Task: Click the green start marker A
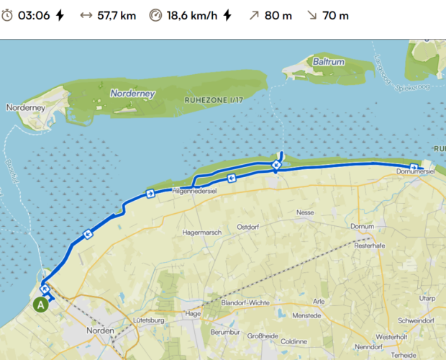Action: pos(41,305)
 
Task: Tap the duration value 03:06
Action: pos(34,15)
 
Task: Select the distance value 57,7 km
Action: pos(117,15)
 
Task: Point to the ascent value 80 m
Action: pos(277,15)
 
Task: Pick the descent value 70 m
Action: pos(334,15)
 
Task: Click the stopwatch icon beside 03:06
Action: pos(7,15)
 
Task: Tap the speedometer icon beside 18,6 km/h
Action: pos(156,15)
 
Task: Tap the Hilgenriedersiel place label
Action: pos(194,191)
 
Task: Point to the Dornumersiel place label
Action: pos(416,172)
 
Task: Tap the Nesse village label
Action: pos(306,213)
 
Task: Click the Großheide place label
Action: pos(263,336)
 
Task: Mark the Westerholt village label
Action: pos(391,336)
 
